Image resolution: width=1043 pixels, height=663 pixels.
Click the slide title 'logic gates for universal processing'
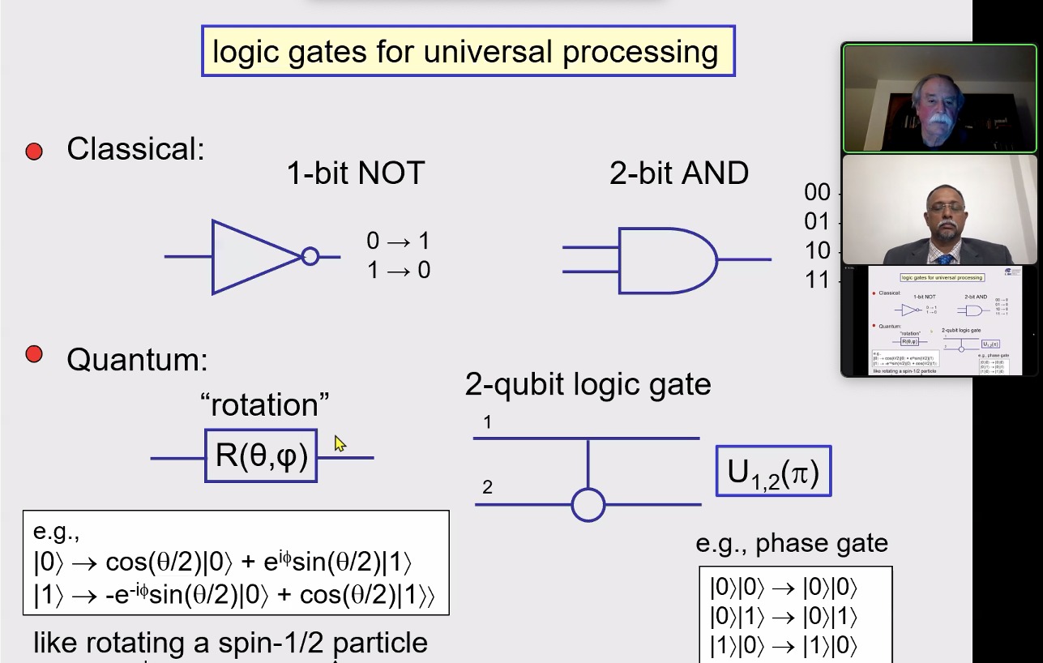pyautogui.click(x=468, y=52)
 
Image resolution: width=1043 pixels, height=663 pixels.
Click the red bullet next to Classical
pyautogui.click(x=34, y=152)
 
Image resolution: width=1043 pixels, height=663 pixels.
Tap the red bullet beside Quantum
pyautogui.click(x=34, y=354)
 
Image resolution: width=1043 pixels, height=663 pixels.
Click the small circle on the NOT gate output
pyautogui.click(x=310, y=257)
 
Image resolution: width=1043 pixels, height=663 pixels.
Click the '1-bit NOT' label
pyautogui.click(x=356, y=173)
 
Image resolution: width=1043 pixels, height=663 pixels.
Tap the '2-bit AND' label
pyautogui.click(x=679, y=173)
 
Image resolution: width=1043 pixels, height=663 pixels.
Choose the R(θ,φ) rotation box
pyautogui.click(x=261, y=456)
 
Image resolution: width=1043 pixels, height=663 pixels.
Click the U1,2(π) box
pyautogui.click(x=773, y=471)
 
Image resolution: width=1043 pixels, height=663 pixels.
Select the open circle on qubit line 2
pyautogui.click(x=588, y=505)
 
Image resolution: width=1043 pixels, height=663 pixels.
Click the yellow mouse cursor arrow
pyautogui.click(x=339, y=443)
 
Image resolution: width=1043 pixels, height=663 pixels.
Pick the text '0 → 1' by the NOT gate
pyautogui.click(x=398, y=241)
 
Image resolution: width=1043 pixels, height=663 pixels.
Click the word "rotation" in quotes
pyautogui.click(x=264, y=404)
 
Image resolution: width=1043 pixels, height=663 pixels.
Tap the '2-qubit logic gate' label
pyautogui.click(x=588, y=384)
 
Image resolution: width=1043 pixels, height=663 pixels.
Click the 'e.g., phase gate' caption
pyautogui.click(x=792, y=543)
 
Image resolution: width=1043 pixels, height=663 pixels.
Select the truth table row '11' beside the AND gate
pyautogui.click(x=817, y=280)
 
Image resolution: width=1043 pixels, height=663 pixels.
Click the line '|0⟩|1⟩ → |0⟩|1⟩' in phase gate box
pyautogui.click(x=783, y=617)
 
